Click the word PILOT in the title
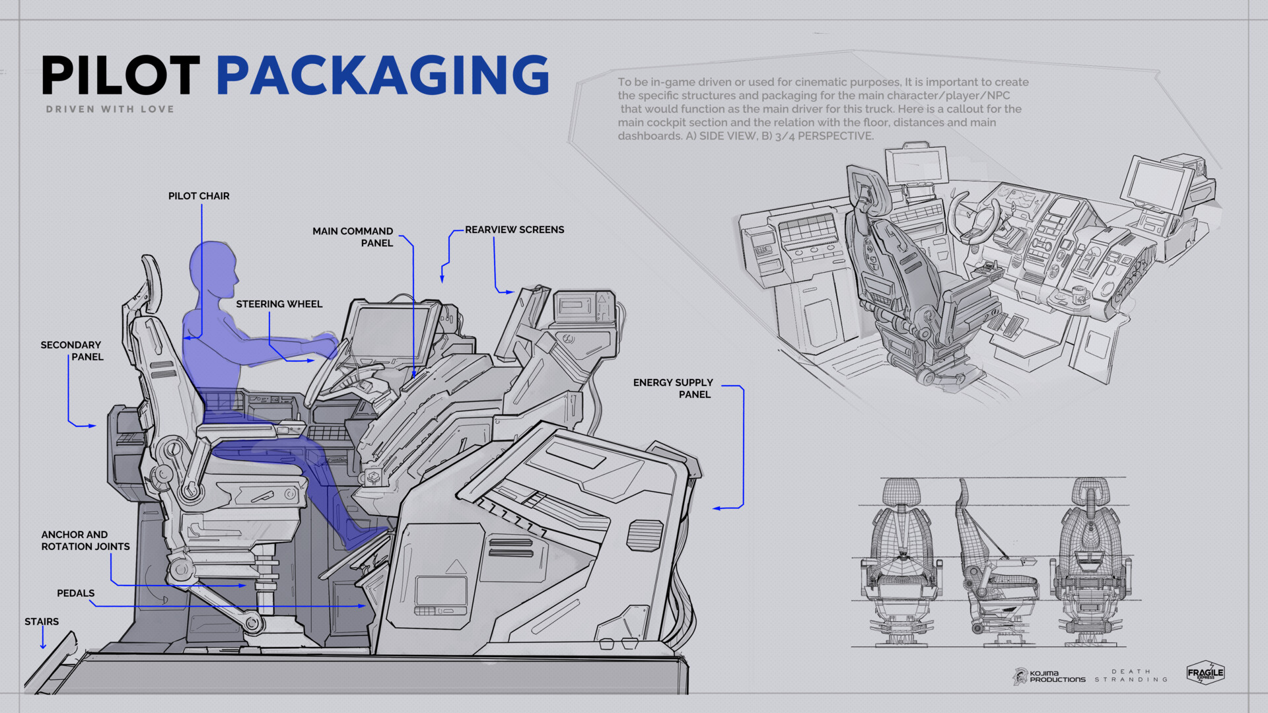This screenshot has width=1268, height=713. click(120, 75)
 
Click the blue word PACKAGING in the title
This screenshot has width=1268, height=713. click(382, 75)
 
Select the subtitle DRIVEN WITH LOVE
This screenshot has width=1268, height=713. click(110, 109)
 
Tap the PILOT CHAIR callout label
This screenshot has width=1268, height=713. click(199, 196)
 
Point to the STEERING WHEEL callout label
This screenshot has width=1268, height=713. click(279, 304)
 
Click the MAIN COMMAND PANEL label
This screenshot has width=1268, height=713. click(354, 237)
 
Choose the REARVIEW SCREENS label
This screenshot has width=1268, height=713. click(514, 230)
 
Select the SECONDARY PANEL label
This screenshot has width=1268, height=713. click(72, 351)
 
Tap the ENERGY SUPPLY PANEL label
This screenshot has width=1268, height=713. click(673, 388)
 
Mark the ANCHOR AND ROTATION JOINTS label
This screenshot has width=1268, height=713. click(85, 540)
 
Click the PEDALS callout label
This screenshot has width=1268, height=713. click(75, 593)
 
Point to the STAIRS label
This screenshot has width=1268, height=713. click(42, 621)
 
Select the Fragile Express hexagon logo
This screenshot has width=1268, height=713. click(1205, 673)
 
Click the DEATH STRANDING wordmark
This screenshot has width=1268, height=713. click(1131, 675)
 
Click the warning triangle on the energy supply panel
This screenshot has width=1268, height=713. click(455, 566)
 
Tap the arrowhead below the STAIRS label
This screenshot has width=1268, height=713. click(43, 646)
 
